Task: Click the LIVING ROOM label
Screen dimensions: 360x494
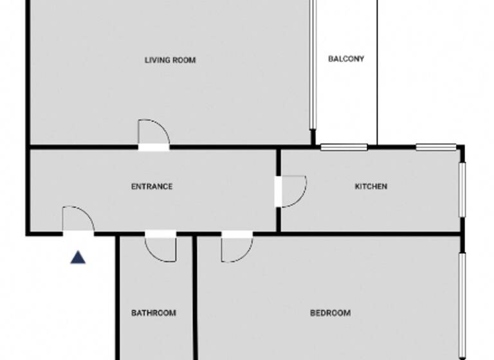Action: coord(170,60)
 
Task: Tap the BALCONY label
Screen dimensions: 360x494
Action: coord(346,59)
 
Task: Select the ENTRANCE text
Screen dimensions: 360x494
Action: coord(152,187)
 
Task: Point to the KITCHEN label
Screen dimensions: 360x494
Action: coord(371,187)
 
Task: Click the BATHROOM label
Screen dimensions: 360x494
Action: coord(154,314)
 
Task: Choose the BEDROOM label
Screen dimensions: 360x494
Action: coord(331,314)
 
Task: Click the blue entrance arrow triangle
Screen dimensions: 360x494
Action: coord(78,258)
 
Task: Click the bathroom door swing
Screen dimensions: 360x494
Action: coord(161,248)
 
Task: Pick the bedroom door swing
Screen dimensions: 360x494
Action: coord(235,248)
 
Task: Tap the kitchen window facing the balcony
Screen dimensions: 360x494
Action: coord(343,147)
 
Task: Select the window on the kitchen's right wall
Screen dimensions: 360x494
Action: coord(461,190)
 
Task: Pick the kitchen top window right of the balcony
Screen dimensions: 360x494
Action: coord(435,147)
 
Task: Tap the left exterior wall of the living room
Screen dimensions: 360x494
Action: coord(28,71)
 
